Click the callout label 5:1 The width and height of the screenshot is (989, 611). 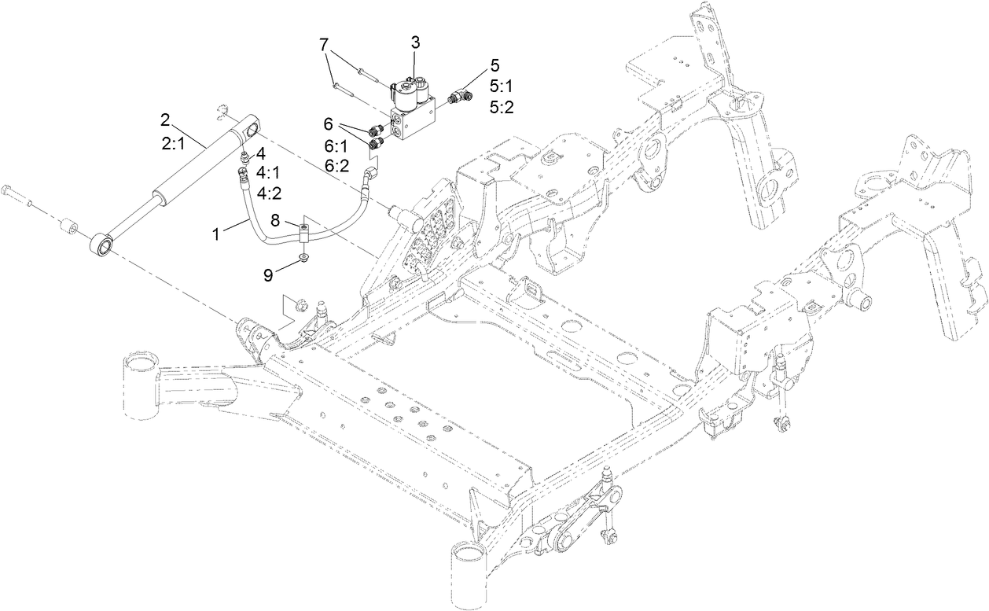pos(501,86)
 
